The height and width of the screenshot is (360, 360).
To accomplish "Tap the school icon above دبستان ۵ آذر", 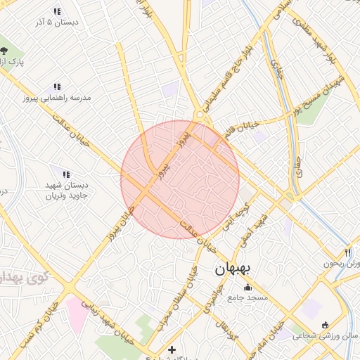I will pyautogui.click(x=56, y=12).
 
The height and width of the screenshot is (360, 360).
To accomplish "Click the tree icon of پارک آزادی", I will pyautogui.click(x=4, y=50).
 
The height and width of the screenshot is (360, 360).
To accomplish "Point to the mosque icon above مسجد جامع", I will pyautogui.click(x=247, y=287).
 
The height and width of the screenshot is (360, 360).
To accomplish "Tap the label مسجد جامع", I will pyautogui.click(x=247, y=298).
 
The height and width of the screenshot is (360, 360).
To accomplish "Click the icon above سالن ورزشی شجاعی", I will pyautogui.click(x=324, y=325).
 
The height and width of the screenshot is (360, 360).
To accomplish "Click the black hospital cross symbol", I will pyautogui.click(x=172, y=349).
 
